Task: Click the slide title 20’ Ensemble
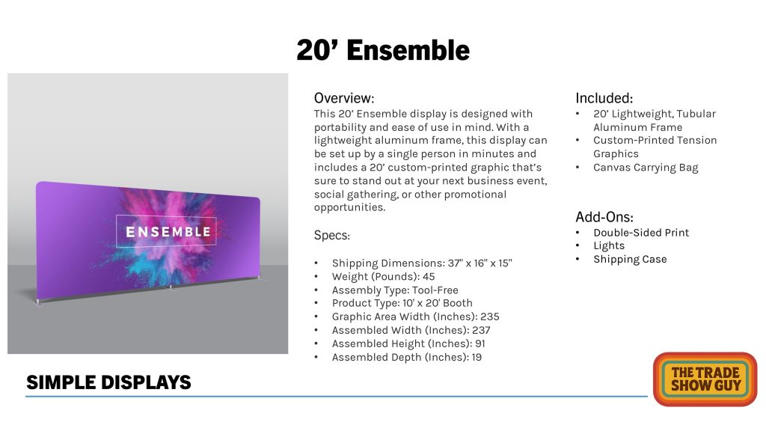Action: coord(383,50)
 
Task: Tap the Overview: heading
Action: coord(344,98)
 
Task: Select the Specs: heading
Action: coord(331,236)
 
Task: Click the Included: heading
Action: coord(604,98)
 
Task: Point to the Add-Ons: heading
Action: coord(604,217)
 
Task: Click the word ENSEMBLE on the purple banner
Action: coord(168,232)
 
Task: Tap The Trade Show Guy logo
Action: coord(705,379)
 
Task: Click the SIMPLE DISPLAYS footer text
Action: coord(108,382)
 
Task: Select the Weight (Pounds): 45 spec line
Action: coord(383,277)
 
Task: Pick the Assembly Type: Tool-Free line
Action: coord(395,290)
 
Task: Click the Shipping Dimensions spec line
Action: coord(422,263)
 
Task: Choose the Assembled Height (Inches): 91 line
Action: coord(408,343)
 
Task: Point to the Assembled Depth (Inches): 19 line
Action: coord(406,357)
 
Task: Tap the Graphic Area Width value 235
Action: coord(489,317)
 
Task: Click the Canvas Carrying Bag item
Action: coord(646,168)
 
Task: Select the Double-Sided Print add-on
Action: coord(641,233)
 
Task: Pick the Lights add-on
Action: coord(609,245)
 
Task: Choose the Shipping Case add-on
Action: coord(630,260)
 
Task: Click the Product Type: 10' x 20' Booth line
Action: coord(402,303)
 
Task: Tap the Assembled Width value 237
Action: coord(481,330)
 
